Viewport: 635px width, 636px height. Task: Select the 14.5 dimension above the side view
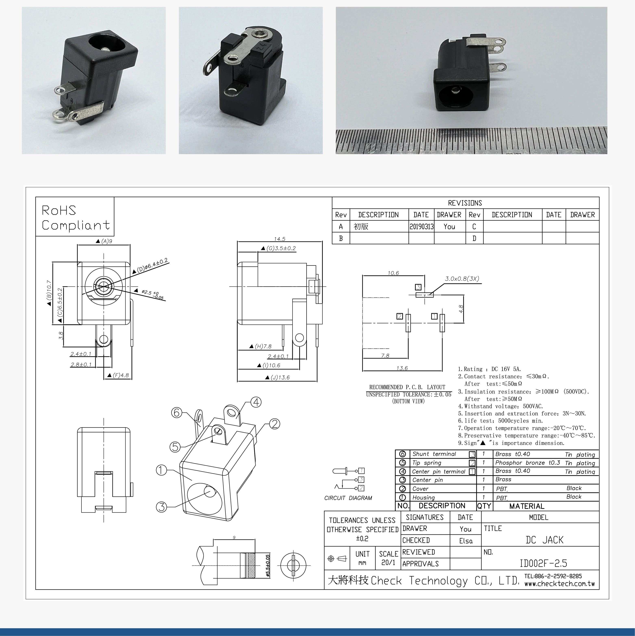pyautogui.click(x=279, y=239)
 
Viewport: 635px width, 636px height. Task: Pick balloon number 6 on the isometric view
pyautogui.click(x=177, y=412)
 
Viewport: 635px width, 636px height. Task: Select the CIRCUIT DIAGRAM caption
pyautogui.click(x=348, y=498)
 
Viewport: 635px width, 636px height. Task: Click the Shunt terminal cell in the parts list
pyautogui.click(x=434, y=454)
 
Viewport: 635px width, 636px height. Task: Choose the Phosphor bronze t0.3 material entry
pyautogui.click(x=527, y=463)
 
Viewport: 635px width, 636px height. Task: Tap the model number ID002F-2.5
pyautogui.click(x=543, y=564)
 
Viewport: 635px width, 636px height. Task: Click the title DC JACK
pyautogui.click(x=544, y=540)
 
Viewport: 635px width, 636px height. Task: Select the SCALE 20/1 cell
pyautogui.click(x=388, y=558)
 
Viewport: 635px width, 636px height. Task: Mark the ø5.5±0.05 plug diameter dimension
pyautogui.click(x=268, y=566)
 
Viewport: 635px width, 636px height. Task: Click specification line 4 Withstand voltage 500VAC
pyautogui.click(x=500, y=406)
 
